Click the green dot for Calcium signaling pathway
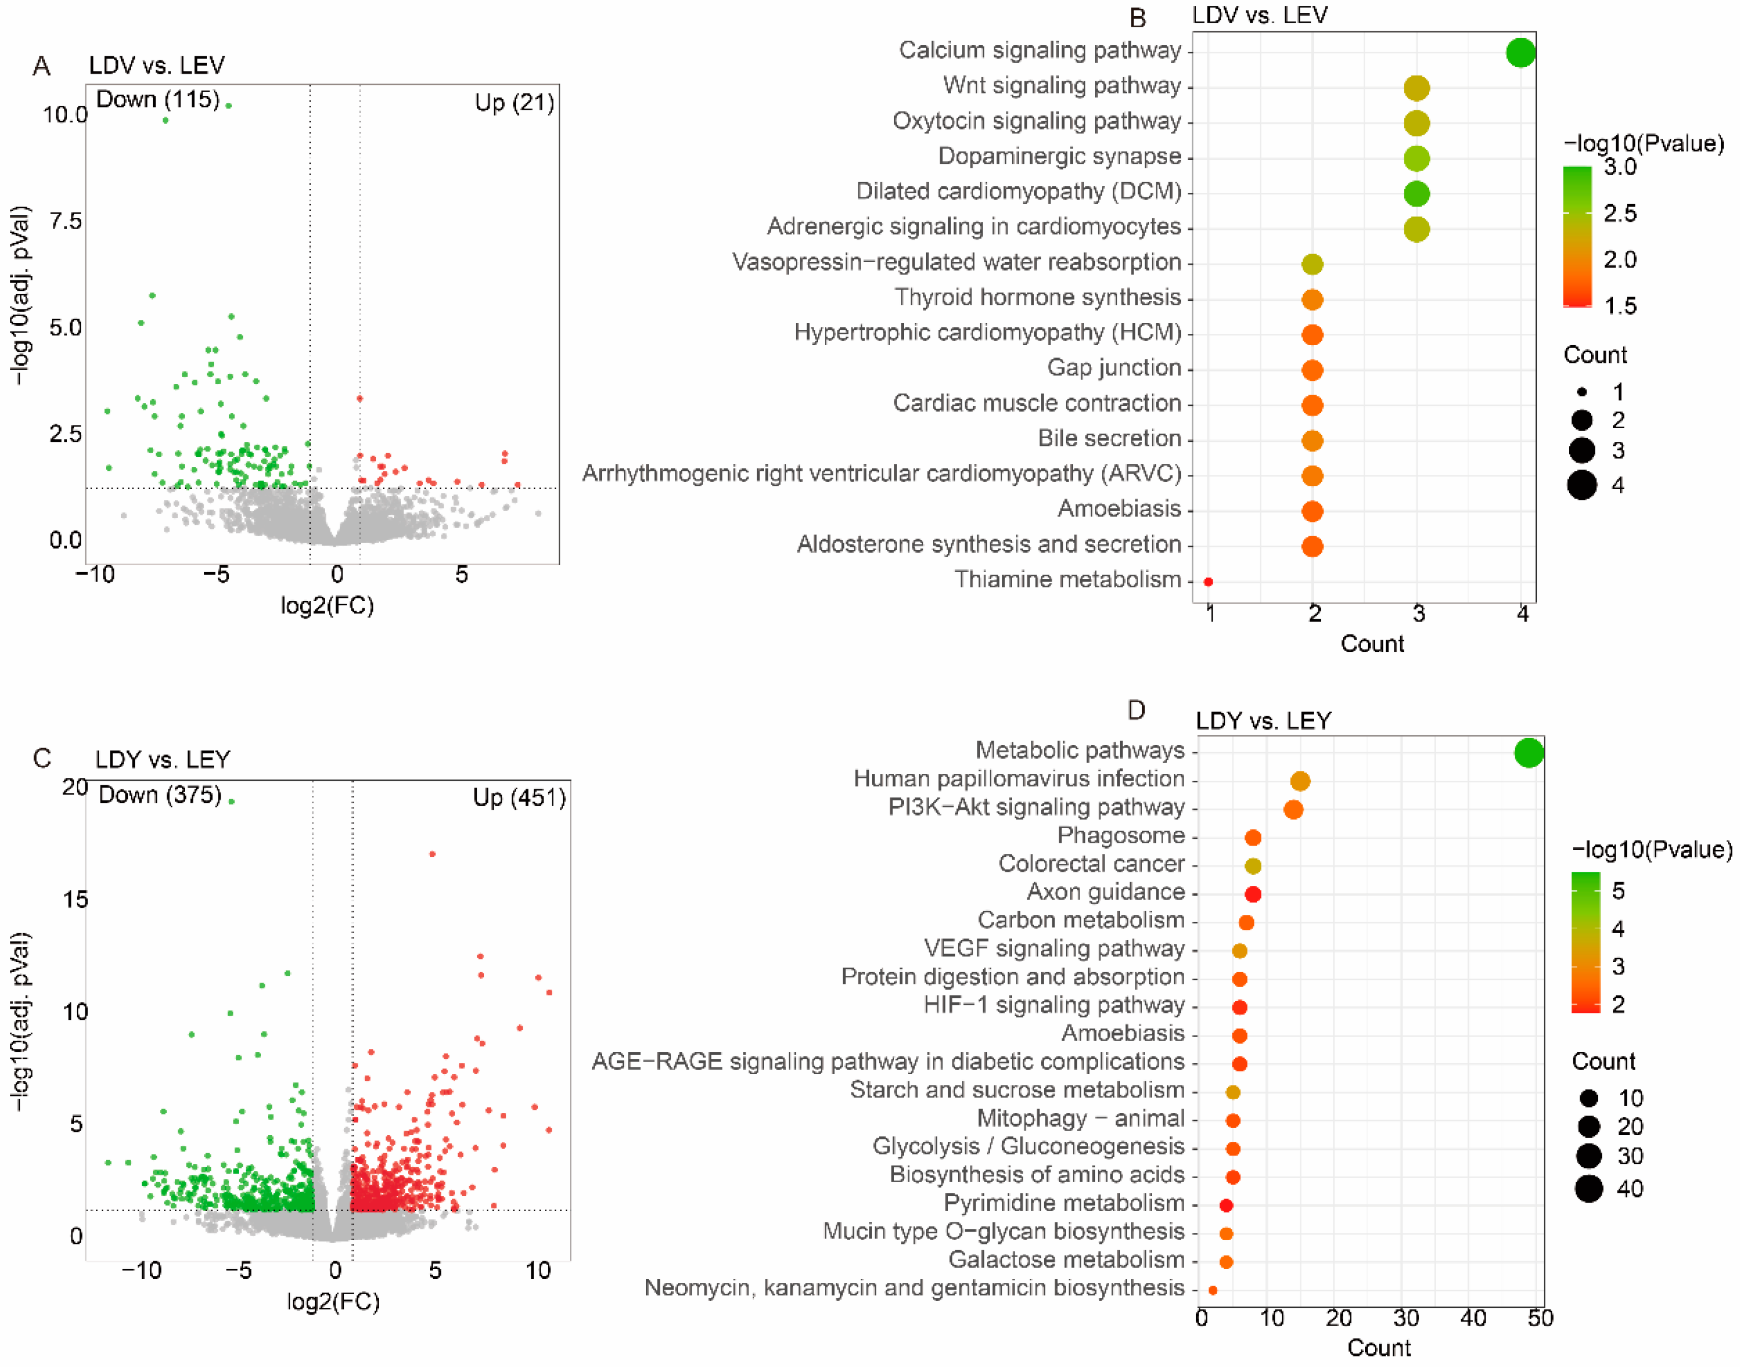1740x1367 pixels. [1519, 53]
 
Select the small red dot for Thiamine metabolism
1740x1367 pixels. [1208, 582]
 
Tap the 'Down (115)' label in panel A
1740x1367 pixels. [157, 100]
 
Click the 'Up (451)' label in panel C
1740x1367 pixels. [519, 797]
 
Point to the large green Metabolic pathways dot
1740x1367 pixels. [1527, 752]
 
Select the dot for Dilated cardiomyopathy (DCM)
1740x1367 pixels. [1416, 194]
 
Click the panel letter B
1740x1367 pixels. [1136, 18]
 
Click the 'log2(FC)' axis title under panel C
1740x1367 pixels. [333, 1302]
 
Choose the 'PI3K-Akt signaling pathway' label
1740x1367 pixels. [1036, 807]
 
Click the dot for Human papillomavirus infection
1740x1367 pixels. [1300, 781]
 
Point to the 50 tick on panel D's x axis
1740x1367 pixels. [1540, 1318]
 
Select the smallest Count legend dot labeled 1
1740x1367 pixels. [1581, 392]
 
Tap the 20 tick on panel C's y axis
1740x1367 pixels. [75, 787]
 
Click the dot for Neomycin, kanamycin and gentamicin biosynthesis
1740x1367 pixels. [1212, 1290]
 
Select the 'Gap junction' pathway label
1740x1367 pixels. [1113, 367]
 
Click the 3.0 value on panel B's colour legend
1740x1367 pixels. [1620, 167]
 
